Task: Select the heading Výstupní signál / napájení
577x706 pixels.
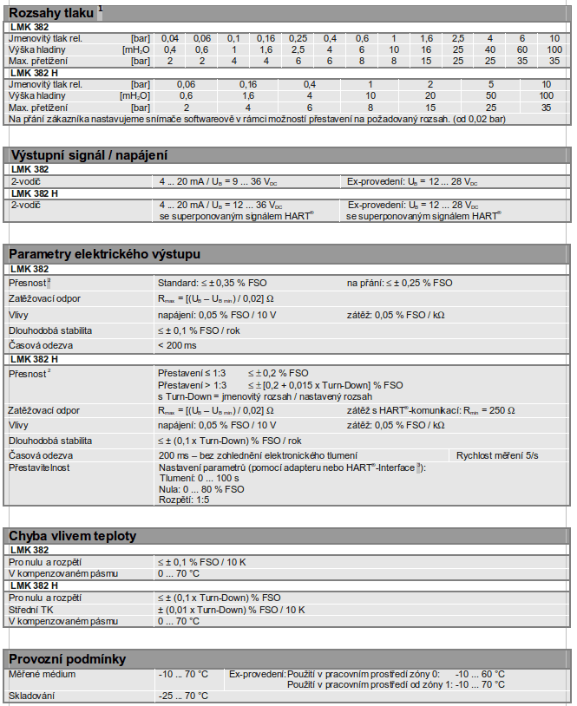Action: point(88,154)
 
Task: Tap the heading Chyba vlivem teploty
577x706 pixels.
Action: point(72,536)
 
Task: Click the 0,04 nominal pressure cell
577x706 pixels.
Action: point(170,39)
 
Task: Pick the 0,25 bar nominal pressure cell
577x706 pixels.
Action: point(298,39)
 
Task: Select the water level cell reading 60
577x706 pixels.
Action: point(522,49)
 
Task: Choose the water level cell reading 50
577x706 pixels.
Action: point(490,95)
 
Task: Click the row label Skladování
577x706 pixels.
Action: point(32,696)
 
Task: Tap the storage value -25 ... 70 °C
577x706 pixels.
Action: point(183,696)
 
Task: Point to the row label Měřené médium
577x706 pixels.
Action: point(43,674)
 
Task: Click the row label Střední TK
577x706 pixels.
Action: point(31,610)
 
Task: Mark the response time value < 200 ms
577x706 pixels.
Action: point(177,345)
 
